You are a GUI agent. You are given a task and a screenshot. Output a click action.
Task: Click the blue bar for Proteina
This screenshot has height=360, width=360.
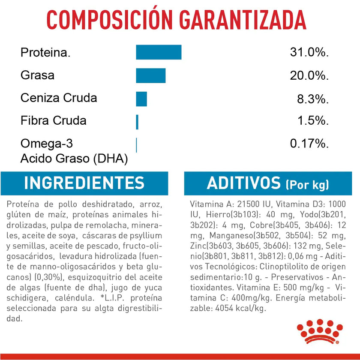tap(159, 52)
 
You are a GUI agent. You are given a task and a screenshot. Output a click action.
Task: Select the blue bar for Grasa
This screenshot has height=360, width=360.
tap(150, 75)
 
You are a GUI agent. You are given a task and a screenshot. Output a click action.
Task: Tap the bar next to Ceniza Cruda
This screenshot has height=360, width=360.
tap(141, 99)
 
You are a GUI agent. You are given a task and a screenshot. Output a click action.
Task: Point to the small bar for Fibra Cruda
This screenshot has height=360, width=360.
tap(137, 122)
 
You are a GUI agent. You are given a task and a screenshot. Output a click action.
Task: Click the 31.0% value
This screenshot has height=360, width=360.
tap(309, 53)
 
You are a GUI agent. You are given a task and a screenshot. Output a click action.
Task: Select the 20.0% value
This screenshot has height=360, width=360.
tap(309, 76)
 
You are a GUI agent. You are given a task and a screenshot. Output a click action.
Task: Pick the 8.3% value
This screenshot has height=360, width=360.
tap(313, 99)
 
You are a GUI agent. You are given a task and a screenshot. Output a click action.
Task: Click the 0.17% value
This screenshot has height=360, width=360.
tap(309, 144)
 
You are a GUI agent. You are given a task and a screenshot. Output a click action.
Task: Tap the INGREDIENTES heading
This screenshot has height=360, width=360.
tap(84, 183)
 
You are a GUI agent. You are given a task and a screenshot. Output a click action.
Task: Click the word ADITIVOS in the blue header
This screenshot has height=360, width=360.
tap(243, 183)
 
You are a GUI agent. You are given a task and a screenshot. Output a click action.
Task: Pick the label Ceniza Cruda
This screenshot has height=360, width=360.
tap(59, 98)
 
